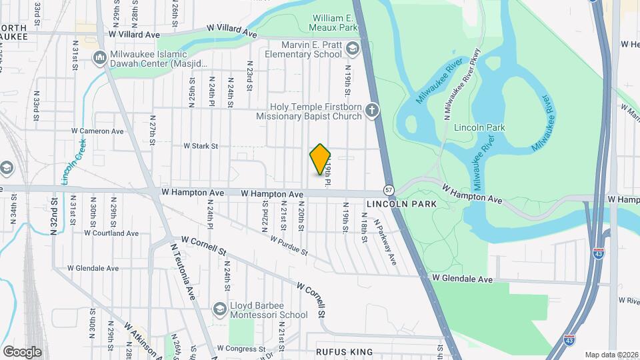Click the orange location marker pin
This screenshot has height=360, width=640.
point(321,159)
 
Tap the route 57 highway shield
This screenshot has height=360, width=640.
point(389,190)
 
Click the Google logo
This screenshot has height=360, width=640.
point(22,351)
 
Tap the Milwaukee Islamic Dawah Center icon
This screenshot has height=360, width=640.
point(100,57)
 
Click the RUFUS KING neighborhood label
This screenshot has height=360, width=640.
point(341,351)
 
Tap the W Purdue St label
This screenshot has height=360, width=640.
point(289,245)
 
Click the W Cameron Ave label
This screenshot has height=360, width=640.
point(98,131)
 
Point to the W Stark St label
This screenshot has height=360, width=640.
point(201,145)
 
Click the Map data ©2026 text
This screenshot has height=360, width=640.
point(611,354)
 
